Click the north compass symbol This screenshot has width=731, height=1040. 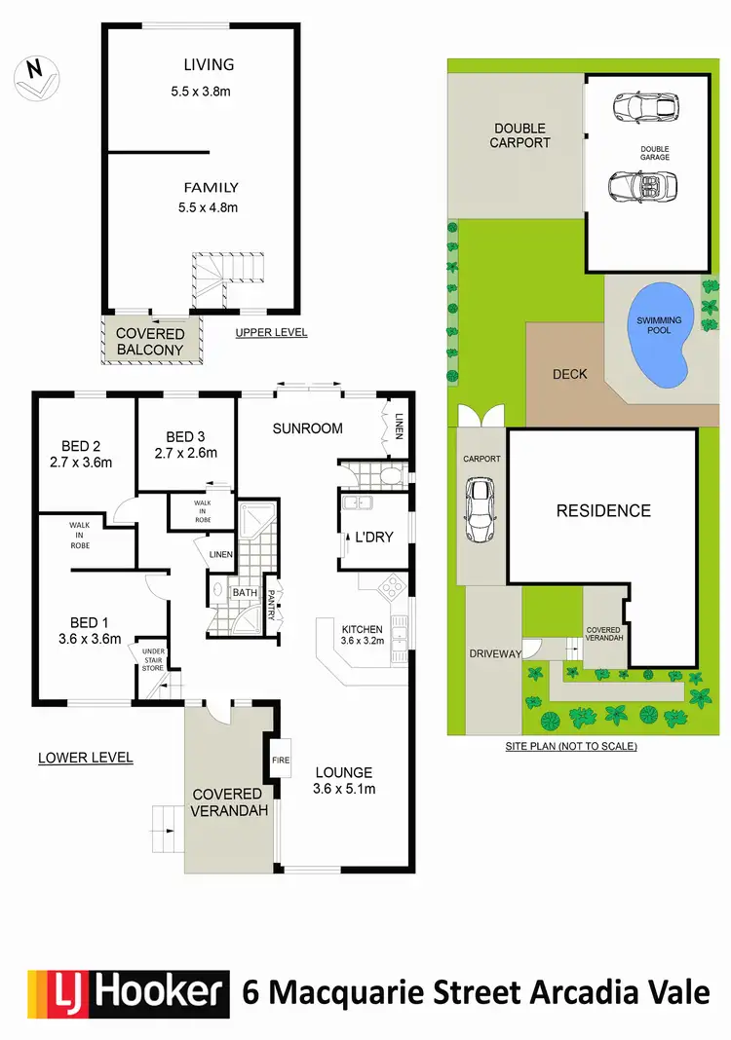(x=36, y=75)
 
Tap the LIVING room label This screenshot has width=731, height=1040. (x=209, y=65)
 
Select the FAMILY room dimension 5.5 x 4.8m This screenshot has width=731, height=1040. (x=209, y=206)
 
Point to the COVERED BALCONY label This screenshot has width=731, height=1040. (x=150, y=342)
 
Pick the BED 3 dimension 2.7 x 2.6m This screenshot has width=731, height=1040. (x=185, y=453)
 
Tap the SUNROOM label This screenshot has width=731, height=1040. (x=307, y=428)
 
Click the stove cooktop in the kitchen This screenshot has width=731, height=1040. (x=389, y=587)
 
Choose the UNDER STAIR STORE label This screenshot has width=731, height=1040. (x=153, y=659)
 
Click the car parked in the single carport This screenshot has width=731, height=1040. (x=480, y=509)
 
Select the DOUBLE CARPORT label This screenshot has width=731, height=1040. (x=519, y=135)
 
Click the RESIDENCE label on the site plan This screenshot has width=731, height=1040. (x=603, y=510)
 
